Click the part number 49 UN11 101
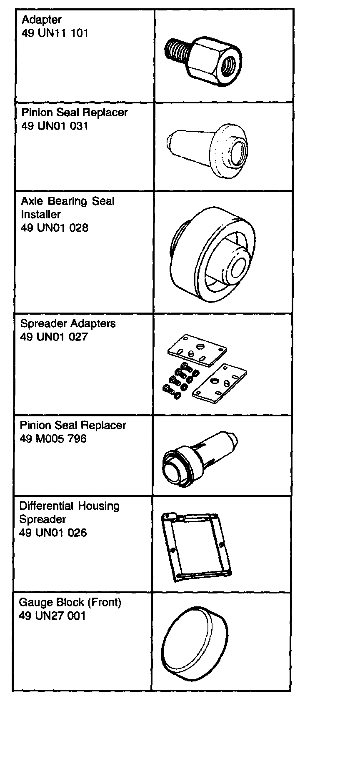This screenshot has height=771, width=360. (x=55, y=33)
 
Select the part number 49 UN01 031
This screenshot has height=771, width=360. (x=55, y=126)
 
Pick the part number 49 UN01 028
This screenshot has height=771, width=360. (x=55, y=228)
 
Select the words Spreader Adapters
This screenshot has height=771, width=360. (x=68, y=324)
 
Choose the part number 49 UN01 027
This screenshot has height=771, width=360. (x=54, y=337)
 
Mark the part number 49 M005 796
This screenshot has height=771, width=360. (x=53, y=439)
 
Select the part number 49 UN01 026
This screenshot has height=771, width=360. (x=53, y=533)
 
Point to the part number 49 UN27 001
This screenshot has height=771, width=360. (x=52, y=616)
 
